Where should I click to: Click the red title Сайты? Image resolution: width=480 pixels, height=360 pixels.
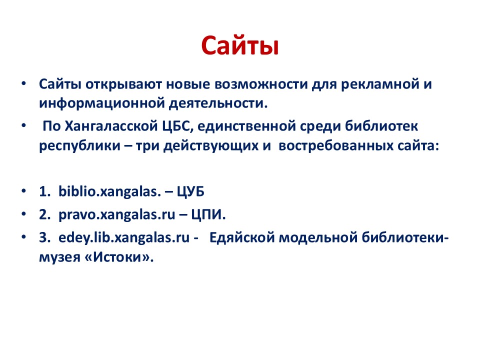pos(239,46)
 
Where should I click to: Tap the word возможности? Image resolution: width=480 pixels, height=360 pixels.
pos(261,84)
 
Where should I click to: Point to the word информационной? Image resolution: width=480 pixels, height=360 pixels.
pos(102,103)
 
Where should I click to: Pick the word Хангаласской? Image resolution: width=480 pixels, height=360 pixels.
pos(111,126)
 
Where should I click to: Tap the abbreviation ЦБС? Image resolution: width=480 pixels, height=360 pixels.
pos(177,126)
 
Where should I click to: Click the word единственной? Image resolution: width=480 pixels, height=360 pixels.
pos(246,126)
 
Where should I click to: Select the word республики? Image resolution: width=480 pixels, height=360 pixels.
pos(79,145)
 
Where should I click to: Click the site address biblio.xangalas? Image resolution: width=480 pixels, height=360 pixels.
pos(109,191)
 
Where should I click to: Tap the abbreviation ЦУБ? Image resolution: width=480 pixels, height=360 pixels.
pos(190,191)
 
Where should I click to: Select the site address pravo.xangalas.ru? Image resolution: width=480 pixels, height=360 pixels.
pos(116,215)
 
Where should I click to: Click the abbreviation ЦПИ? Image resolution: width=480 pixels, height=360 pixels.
pos(208,215)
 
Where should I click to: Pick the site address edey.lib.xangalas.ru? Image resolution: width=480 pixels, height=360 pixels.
pos(124,238)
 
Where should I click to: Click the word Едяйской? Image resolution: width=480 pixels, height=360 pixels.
pos(242,238)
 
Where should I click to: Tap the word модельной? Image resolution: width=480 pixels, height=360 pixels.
pos(318,238)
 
